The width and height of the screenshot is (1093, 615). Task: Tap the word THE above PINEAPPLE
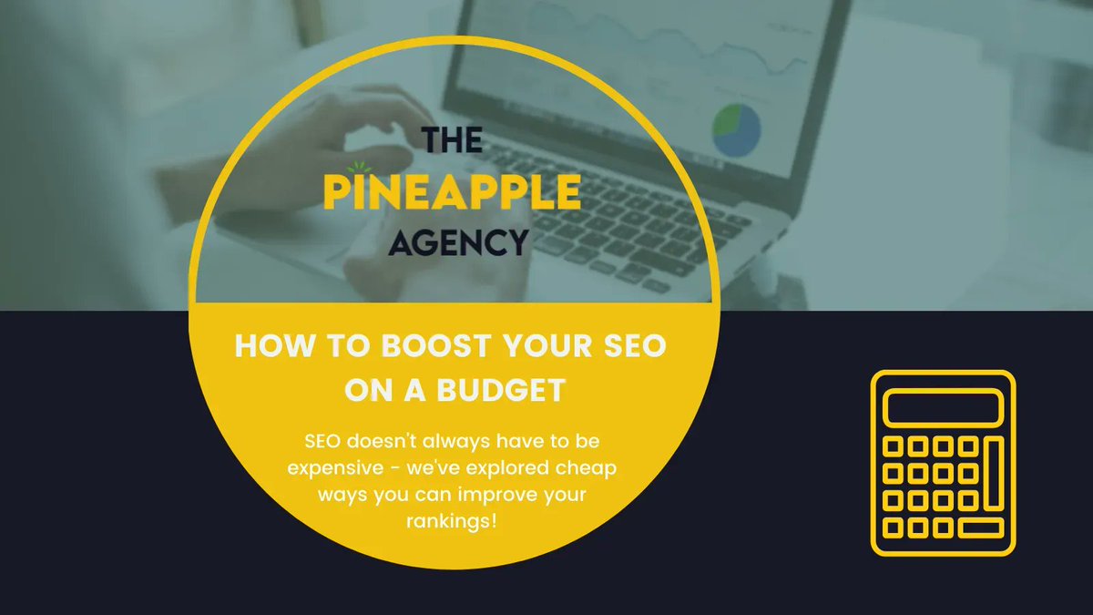pyautogui.click(x=454, y=142)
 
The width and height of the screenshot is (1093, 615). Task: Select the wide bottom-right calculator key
pyautogui.click(x=980, y=528)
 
